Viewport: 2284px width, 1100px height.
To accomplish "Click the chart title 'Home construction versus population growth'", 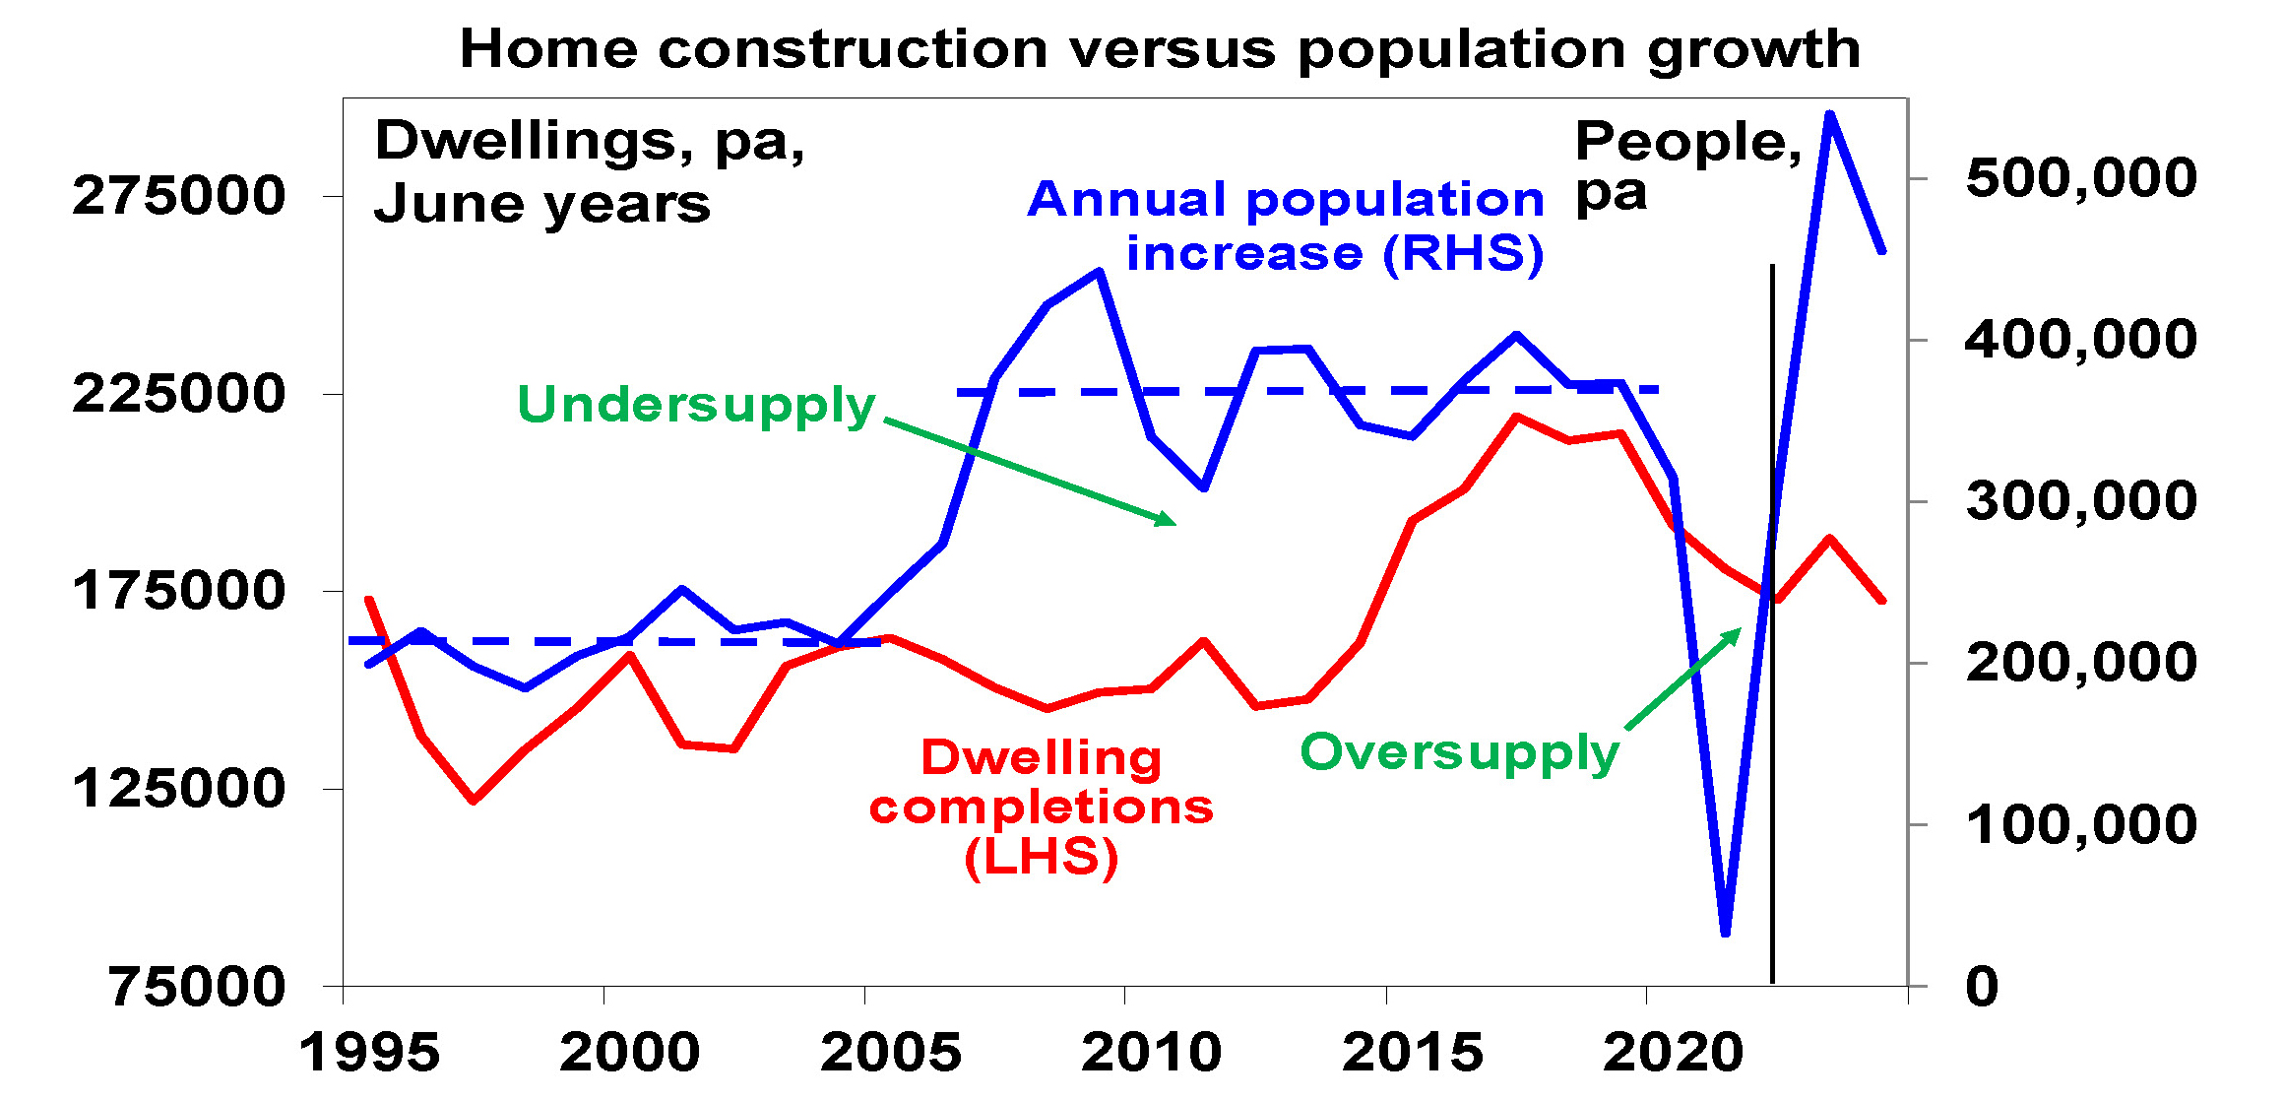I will pos(1160,49).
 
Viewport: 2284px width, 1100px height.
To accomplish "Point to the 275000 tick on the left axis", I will pos(178,196).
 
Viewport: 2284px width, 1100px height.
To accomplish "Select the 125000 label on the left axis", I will pos(178,789).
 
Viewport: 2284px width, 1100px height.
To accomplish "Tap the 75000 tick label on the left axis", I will pos(197,986).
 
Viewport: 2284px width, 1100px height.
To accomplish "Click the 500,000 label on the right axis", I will pos(2080,178).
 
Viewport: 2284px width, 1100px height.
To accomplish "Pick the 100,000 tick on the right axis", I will pos(2080,824).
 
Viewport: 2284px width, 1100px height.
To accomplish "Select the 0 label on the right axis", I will pos(1982,986).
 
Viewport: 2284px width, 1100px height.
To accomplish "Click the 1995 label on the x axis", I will pos(369,1053).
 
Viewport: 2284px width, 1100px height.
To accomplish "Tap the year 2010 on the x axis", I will pos(1151,1053).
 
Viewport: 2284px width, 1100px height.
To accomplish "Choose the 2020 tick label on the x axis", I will pos(1673,1053).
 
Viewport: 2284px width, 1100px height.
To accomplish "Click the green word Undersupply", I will pos(696,405).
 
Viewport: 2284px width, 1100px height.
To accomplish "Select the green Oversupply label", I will pos(1459,753).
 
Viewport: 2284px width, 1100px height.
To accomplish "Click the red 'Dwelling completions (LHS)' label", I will pos(1041,808).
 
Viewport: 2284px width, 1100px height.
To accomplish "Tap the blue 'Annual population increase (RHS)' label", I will pos(1286,226).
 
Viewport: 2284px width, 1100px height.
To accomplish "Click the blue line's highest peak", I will pos(1829,114).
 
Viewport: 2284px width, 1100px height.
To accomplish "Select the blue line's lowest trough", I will pos(1725,932).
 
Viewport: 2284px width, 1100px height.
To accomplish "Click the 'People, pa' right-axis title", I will pos(1687,165).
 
